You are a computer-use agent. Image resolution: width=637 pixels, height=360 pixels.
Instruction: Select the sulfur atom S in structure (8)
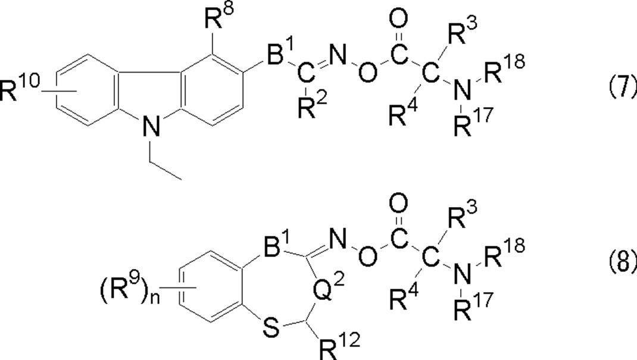271,328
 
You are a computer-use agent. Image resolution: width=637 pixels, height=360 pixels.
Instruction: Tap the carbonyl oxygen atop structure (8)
400,205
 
